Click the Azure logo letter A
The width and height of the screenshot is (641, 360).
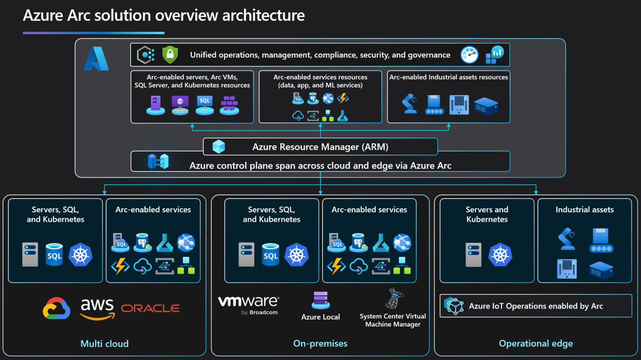tap(96, 59)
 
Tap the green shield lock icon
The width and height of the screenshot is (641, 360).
tap(170, 55)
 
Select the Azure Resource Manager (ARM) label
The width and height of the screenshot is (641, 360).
tap(320, 147)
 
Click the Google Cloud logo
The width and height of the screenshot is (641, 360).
tap(56, 309)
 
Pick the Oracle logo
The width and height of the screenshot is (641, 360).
tap(150, 309)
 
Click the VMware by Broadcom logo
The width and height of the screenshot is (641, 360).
tap(249, 305)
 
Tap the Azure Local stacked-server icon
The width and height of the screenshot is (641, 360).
tap(320, 300)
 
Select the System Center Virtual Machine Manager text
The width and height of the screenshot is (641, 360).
tap(393, 320)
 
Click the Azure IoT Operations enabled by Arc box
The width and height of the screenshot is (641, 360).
tap(535, 306)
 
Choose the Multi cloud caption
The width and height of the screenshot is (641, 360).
tap(104, 344)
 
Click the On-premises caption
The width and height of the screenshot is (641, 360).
tap(320, 344)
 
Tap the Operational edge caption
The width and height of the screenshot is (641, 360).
tap(535, 344)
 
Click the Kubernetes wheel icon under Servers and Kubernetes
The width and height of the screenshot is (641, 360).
tap(500, 254)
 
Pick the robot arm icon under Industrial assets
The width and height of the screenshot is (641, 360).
tap(567, 239)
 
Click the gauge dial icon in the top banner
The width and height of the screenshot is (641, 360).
tap(469, 55)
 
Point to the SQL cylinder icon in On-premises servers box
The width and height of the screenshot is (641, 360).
tap(270, 254)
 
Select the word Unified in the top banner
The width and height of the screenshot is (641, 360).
tap(203, 55)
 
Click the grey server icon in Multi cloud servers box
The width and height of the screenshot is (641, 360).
tap(30, 254)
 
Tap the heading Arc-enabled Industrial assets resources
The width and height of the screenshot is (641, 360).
tap(449, 77)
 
